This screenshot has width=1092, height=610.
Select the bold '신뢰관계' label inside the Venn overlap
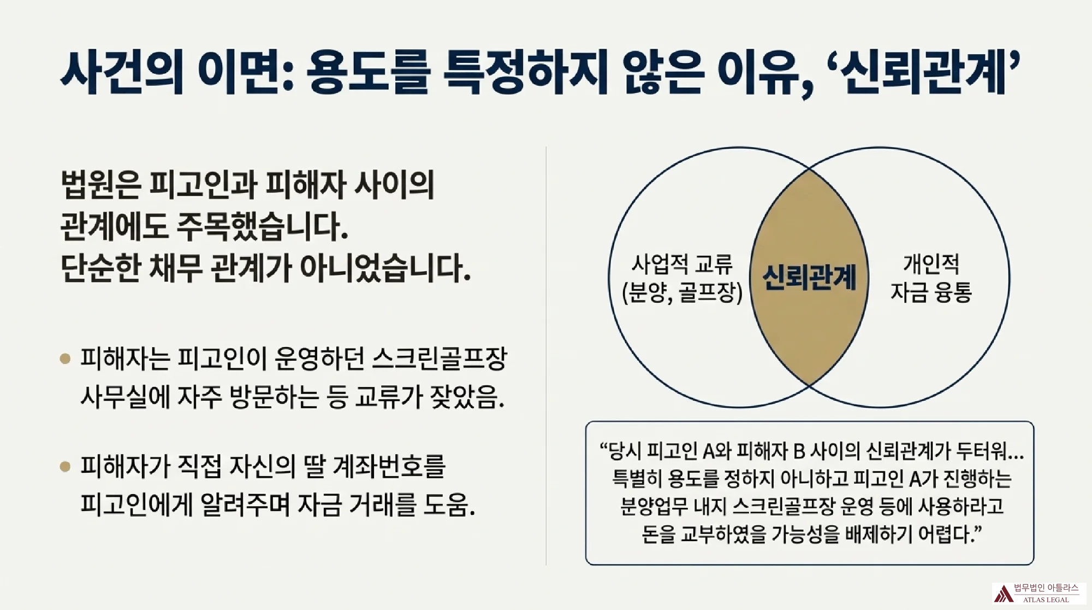(x=809, y=277)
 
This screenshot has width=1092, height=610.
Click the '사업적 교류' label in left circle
(x=682, y=264)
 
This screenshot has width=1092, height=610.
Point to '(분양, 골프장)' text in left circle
(x=682, y=293)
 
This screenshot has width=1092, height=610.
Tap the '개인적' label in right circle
(x=931, y=264)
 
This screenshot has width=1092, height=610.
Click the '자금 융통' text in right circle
(x=931, y=292)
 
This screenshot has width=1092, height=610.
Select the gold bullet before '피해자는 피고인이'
(x=66, y=359)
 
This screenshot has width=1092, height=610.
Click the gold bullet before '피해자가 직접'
(x=66, y=467)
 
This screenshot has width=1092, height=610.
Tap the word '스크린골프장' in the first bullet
(x=440, y=359)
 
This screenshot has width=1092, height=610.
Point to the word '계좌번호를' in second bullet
(x=389, y=467)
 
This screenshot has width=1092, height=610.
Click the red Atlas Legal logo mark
(x=1002, y=594)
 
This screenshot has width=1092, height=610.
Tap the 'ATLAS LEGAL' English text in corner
(x=1046, y=600)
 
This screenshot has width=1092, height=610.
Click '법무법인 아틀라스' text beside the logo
(x=1046, y=588)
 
